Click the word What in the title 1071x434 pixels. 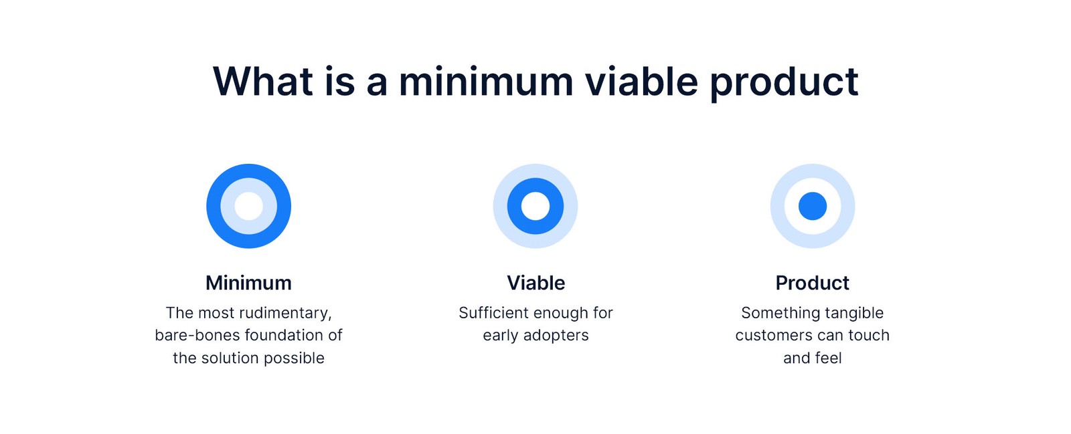[263, 82]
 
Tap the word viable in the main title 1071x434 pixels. [641, 81]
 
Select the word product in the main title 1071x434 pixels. [784, 84]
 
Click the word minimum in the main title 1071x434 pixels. [486, 82]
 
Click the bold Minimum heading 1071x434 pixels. [248, 283]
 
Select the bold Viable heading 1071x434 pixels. [535, 283]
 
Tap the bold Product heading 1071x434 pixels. [813, 283]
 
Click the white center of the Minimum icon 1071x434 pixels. [248, 206]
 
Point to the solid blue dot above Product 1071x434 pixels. [813, 206]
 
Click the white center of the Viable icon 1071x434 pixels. [535, 206]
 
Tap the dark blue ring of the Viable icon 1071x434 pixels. [515, 206]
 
